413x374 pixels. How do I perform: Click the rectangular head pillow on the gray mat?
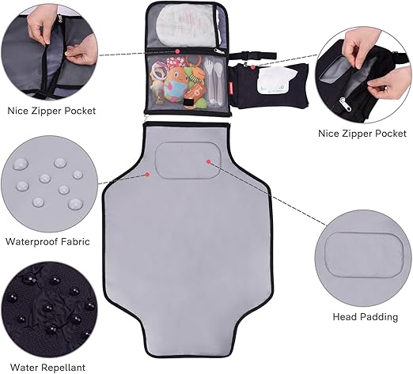pyautogui.click(x=182, y=161)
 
